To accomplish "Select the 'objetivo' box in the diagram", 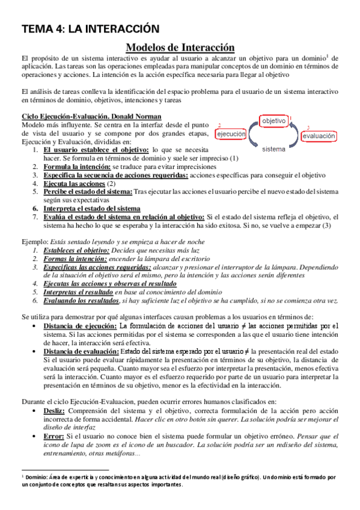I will (x=273, y=121).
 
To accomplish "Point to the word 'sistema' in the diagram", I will (x=273, y=149).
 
